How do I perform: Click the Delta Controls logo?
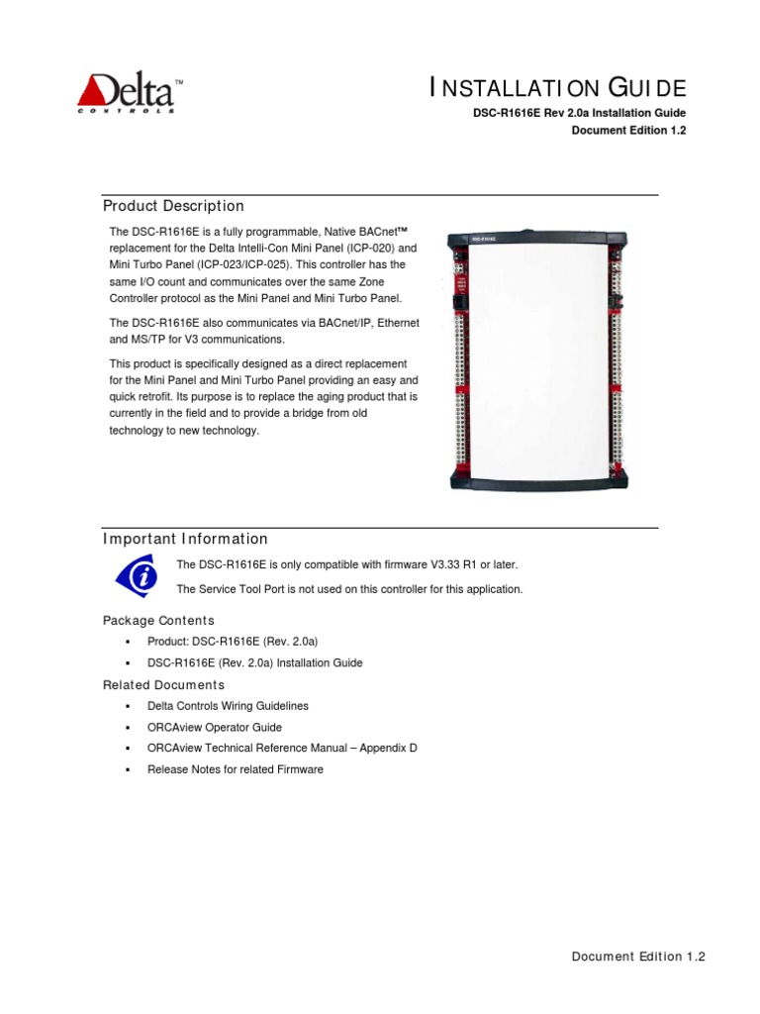click(130, 94)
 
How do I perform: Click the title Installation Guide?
click(557, 88)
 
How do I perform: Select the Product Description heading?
click(173, 206)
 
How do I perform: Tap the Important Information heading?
click(185, 539)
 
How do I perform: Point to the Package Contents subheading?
click(158, 620)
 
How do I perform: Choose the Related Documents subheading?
click(163, 685)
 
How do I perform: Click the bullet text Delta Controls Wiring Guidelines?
click(228, 706)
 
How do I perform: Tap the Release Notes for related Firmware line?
click(235, 769)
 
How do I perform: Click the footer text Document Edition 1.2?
click(638, 957)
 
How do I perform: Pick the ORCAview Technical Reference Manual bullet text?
click(282, 749)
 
